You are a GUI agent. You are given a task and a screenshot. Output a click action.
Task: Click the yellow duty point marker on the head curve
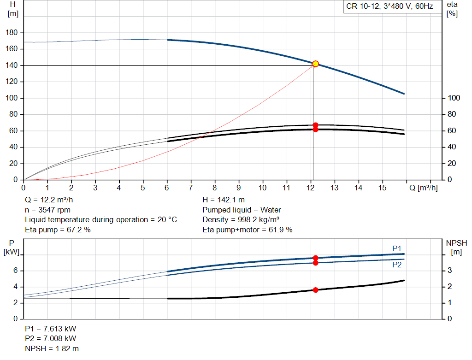[x=315, y=64]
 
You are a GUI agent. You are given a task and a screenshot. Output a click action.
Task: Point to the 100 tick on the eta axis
[x=454, y=98]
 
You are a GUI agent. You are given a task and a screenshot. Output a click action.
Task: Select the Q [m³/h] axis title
[x=423, y=188]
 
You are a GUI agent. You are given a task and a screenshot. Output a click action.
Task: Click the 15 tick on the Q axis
[x=382, y=188]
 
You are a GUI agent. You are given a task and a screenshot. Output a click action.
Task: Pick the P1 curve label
[x=397, y=248]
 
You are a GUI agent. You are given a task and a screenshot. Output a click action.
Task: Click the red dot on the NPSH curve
[x=315, y=290]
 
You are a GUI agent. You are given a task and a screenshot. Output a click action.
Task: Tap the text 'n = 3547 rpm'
[x=47, y=210]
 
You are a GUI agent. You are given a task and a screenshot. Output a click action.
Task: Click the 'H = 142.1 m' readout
[x=224, y=200]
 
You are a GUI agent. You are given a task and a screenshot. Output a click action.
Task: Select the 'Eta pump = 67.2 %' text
[x=58, y=230]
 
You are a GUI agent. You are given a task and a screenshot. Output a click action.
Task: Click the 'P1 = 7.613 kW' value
[x=51, y=329]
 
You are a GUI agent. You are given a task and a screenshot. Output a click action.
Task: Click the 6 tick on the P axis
[x=15, y=271]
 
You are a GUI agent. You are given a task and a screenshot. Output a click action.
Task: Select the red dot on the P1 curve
[x=315, y=258]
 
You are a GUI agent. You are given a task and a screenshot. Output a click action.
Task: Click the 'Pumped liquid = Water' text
[x=242, y=210]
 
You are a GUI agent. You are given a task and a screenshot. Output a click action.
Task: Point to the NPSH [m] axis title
[x=456, y=247]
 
